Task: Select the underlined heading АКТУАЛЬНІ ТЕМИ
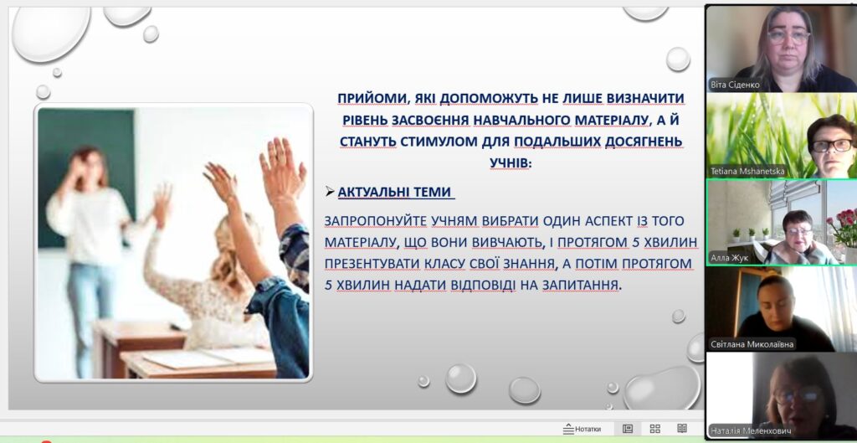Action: tap(395, 192)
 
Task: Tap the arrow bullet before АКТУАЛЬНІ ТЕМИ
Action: tap(330, 192)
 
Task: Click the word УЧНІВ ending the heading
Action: tap(510, 163)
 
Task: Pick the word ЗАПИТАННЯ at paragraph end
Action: tap(581, 285)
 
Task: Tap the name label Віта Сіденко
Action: tap(735, 85)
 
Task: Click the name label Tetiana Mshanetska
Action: tap(747, 171)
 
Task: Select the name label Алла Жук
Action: tap(730, 258)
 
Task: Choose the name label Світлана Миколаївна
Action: tap(752, 344)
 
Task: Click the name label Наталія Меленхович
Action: tap(752, 430)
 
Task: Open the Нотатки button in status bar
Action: tap(582, 429)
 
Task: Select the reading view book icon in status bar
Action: tap(681, 428)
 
